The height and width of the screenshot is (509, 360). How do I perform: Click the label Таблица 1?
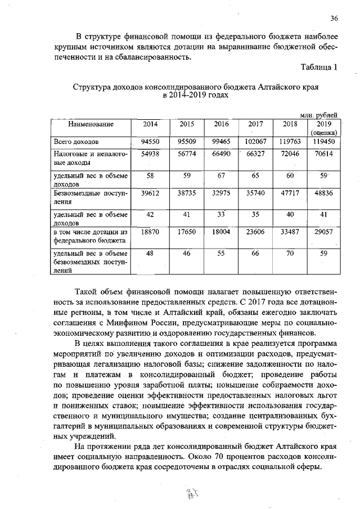point(319,67)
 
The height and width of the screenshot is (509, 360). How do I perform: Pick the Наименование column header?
point(91,124)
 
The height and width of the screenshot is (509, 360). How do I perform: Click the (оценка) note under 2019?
point(325,132)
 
